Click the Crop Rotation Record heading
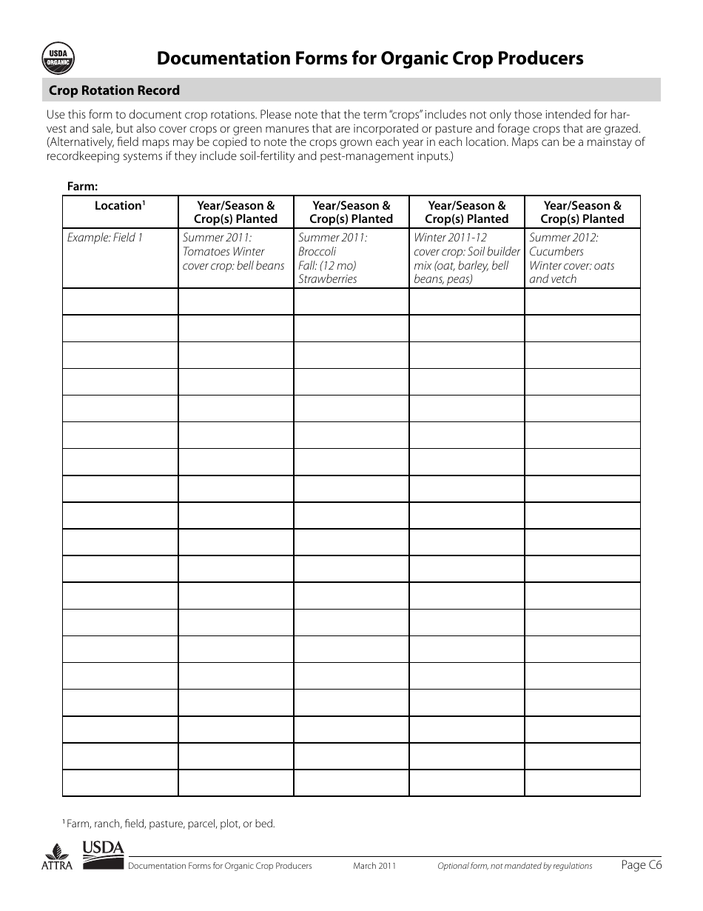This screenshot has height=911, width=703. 114,90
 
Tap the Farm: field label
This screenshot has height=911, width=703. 83,187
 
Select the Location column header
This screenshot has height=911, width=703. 120,206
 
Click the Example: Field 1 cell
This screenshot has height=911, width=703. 105,238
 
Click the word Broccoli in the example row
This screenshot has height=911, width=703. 317,252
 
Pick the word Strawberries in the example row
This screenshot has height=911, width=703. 327,279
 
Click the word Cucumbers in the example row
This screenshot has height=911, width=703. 556,252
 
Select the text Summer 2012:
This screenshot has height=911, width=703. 564,238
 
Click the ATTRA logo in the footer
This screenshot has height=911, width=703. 56,858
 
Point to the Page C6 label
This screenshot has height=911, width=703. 642,864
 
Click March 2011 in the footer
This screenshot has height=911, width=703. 374,866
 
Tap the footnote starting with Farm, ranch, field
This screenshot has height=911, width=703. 170,824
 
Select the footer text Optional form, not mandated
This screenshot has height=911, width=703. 514,866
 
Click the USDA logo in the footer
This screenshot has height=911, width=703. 103,855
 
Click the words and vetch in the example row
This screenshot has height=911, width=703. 552,279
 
